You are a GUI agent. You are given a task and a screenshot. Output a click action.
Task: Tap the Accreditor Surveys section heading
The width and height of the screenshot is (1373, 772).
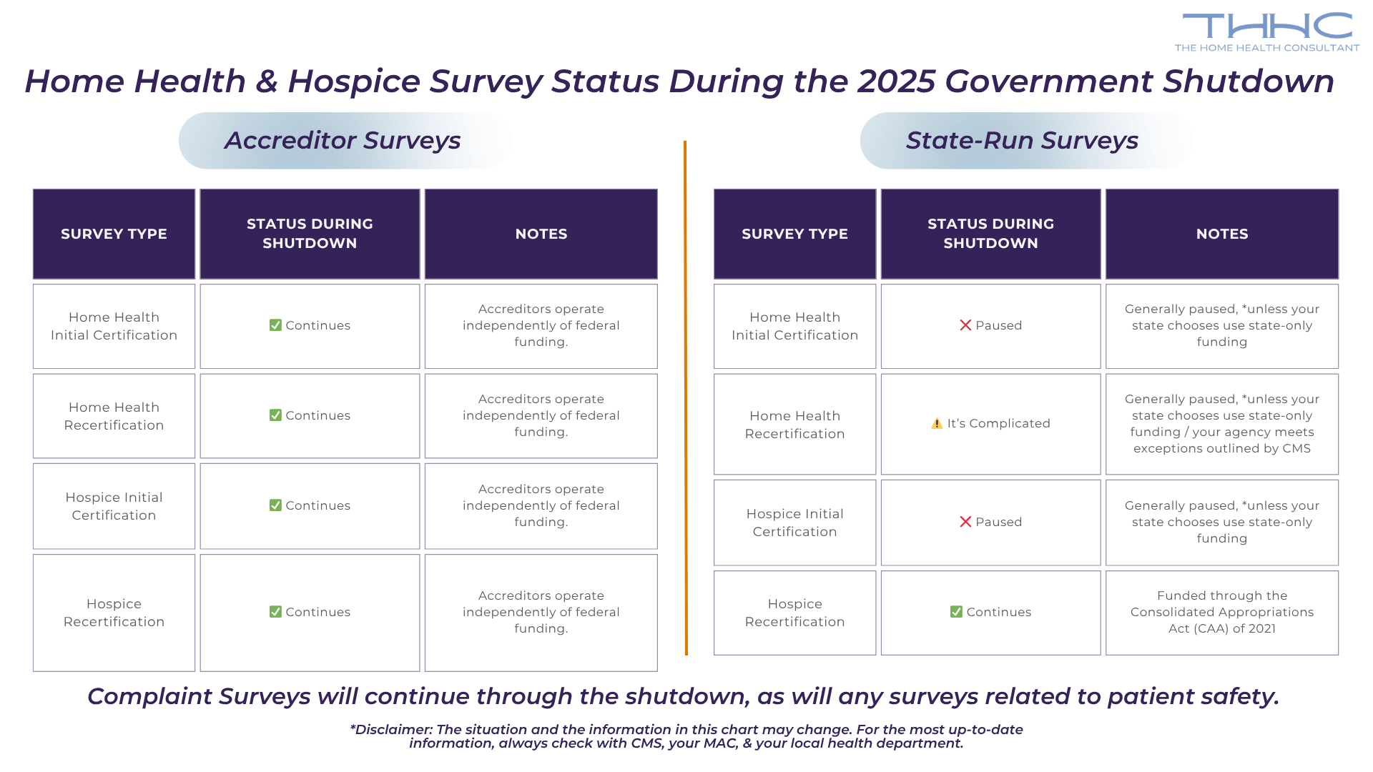click(343, 140)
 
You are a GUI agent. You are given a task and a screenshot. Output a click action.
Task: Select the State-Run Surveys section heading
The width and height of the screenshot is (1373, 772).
click(1022, 140)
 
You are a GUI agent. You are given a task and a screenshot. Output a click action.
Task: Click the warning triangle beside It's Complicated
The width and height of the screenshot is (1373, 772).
click(937, 423)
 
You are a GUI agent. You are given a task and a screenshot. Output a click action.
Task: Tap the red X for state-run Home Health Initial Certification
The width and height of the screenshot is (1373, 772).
click(965, 325)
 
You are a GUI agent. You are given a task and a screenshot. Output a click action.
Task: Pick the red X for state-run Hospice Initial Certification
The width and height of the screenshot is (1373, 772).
click(965, 522)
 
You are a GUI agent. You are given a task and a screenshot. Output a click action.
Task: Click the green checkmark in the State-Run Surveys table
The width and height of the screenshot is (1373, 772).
click(956, 612)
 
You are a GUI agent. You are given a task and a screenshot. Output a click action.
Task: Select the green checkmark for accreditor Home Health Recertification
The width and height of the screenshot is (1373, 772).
click(275, 415)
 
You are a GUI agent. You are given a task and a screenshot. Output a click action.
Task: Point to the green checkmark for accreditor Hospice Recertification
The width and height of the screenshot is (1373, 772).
click(275, 612)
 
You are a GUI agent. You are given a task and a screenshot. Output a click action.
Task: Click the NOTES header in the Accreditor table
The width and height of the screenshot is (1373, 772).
click(541, 234)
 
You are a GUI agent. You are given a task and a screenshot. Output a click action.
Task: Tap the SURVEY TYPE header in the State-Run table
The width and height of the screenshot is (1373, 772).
click(794, 234)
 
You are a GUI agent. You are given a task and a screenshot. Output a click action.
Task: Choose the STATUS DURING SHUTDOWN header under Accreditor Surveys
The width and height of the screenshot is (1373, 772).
click(310, 234)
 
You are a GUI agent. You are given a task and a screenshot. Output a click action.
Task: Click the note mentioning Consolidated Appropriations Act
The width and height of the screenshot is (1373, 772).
click(1221, 612)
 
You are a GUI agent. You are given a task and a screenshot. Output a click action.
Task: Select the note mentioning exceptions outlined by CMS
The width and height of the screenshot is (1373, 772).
click(1221, 423)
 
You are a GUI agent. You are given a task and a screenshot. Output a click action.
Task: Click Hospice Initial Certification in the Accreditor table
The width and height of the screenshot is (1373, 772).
click(114, 506)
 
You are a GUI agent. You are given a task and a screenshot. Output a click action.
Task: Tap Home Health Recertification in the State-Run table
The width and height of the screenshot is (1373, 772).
click(794, 425)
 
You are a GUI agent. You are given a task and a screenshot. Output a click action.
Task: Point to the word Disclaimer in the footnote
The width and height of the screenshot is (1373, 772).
click(393, 730)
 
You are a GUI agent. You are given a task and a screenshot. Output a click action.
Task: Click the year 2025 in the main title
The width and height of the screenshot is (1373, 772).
click(897, 81)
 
